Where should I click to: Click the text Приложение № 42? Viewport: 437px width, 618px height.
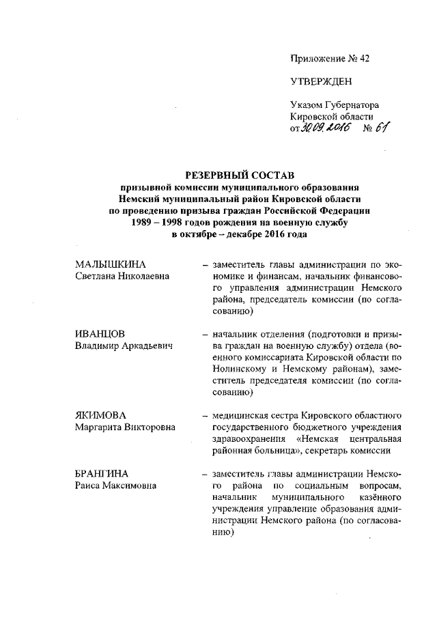330,59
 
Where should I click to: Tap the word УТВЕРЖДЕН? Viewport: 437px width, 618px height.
321,82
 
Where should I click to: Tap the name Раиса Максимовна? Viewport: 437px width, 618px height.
115,485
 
